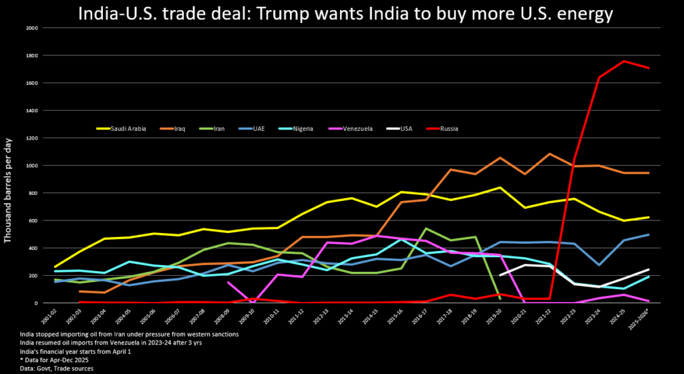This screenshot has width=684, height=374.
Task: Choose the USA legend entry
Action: coord(403,128)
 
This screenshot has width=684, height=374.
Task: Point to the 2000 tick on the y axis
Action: coord(31,28)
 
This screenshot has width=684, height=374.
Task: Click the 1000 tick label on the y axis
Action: coord(31,166)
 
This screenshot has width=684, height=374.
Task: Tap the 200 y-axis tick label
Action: coord(33,275)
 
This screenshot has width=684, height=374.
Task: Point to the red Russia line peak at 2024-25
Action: coord(624,61)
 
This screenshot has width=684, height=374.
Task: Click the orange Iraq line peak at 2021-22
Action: coord(549,154)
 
